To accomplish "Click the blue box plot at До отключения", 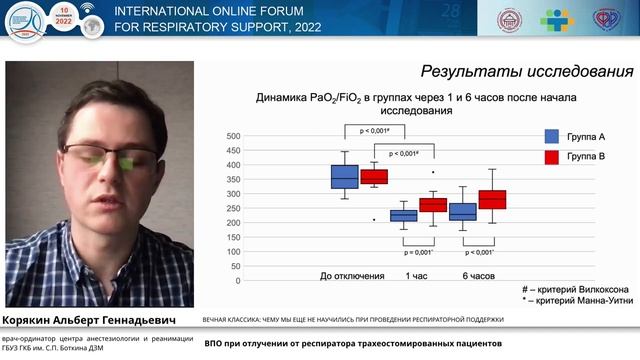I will point(345,176).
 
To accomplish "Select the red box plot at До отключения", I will point(374,177).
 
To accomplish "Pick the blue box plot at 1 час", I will point(404,215).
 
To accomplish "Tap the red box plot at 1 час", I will point(433,205).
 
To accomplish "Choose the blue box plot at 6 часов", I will point(463,212).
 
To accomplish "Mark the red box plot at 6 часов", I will point(492,200).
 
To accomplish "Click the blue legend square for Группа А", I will point(551,137).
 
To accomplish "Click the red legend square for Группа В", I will point(551,158).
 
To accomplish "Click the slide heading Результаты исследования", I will point(526,72).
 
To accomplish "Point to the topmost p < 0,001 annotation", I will point(375,130).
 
